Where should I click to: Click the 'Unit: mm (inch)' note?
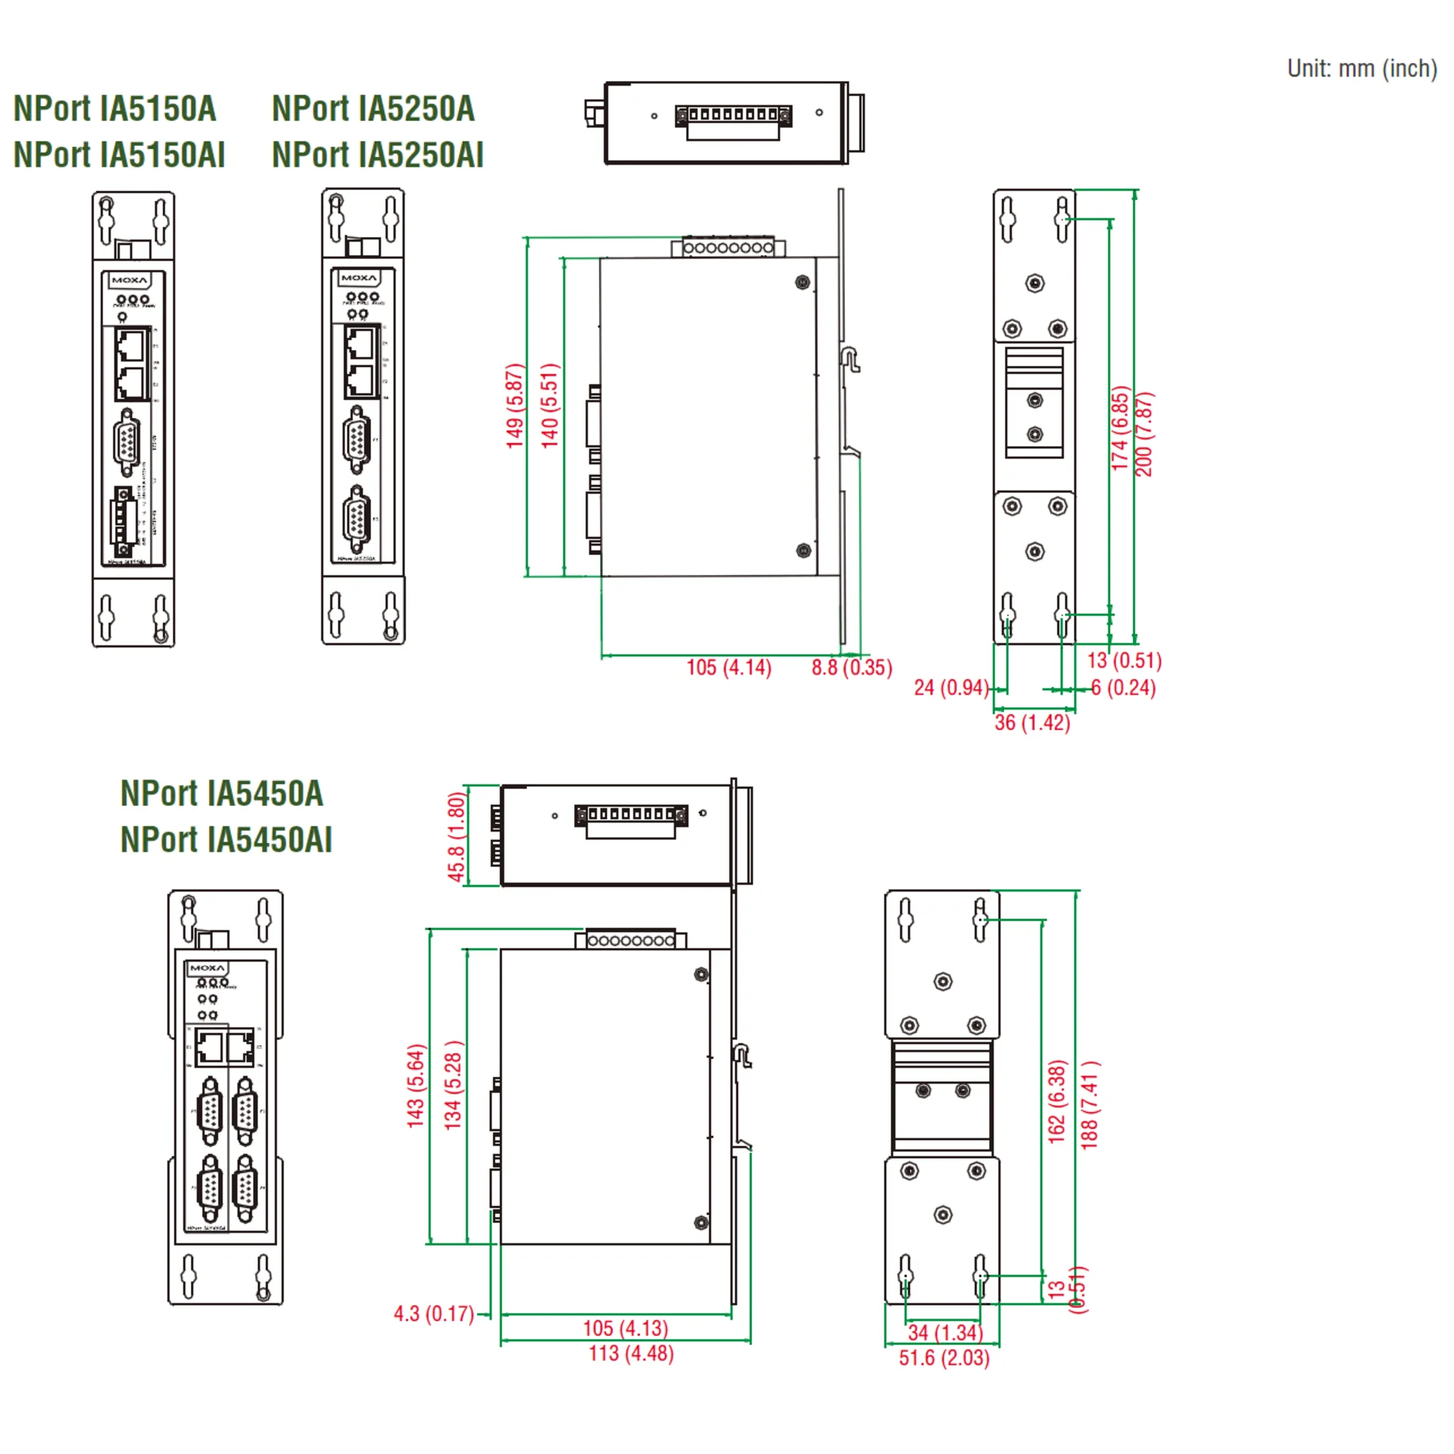1362,69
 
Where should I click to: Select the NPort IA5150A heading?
115,109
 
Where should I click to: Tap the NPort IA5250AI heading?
377,155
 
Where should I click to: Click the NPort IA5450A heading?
222,794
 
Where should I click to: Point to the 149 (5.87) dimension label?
515,406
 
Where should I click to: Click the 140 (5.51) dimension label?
550,406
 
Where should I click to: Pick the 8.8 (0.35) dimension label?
851,667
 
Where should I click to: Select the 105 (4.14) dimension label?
729,667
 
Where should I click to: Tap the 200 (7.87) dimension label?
1144,434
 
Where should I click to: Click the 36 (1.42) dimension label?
1032,722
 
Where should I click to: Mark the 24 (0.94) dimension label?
951,688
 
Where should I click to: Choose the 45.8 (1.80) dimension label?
456,837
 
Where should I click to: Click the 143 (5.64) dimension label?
417,1086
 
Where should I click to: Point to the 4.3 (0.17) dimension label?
433,1314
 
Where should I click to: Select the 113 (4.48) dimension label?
631,1353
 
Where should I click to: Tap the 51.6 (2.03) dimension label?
944,1358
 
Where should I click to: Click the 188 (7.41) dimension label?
1090,1105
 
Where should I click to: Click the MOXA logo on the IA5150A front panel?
129,280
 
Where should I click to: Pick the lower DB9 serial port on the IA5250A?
357,520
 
